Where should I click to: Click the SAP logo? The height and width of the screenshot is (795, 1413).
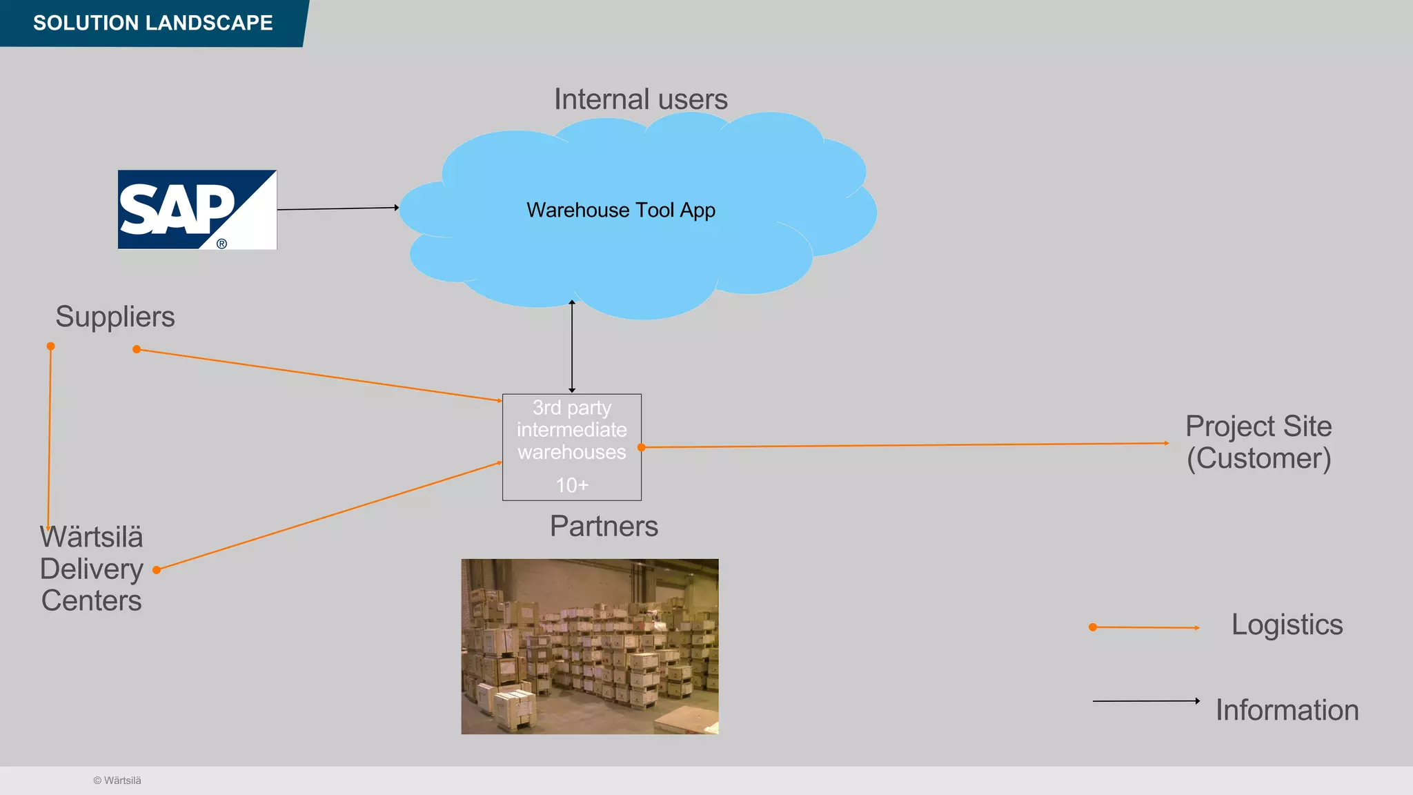(x=197, y=210)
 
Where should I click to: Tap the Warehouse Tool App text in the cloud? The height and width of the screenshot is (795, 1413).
(x=620, y=210)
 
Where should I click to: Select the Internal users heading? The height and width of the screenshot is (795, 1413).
(x=640, y=99)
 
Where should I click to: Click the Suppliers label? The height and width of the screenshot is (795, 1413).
(x=115, y=317)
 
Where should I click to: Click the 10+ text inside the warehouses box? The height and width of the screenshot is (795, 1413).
(x=572, y=485)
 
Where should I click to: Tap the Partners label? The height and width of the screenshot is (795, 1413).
(x=604, y=527)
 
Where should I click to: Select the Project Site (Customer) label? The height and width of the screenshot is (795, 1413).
(x=1258, y=442)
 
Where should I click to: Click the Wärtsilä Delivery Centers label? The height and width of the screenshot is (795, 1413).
(x=92, y=569)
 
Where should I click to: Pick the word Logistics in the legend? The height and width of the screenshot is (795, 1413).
(x=1287, y=625)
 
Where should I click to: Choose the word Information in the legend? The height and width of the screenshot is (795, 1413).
(x=1287, y=710)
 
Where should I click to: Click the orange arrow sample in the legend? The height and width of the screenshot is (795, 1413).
(x=1145, y=627)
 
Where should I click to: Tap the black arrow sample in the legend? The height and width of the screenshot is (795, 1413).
(x=1145, y=701)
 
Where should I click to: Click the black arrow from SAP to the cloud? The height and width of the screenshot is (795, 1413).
(x=338, y=208)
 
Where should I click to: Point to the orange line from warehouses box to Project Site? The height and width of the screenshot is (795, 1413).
(x=904, y=445)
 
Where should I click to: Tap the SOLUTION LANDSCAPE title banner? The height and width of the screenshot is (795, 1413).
(x=152, y=23)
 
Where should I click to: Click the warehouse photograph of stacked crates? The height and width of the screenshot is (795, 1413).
(x=590, y=646)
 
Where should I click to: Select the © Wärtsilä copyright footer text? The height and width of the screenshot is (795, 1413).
(x=117, y=781)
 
